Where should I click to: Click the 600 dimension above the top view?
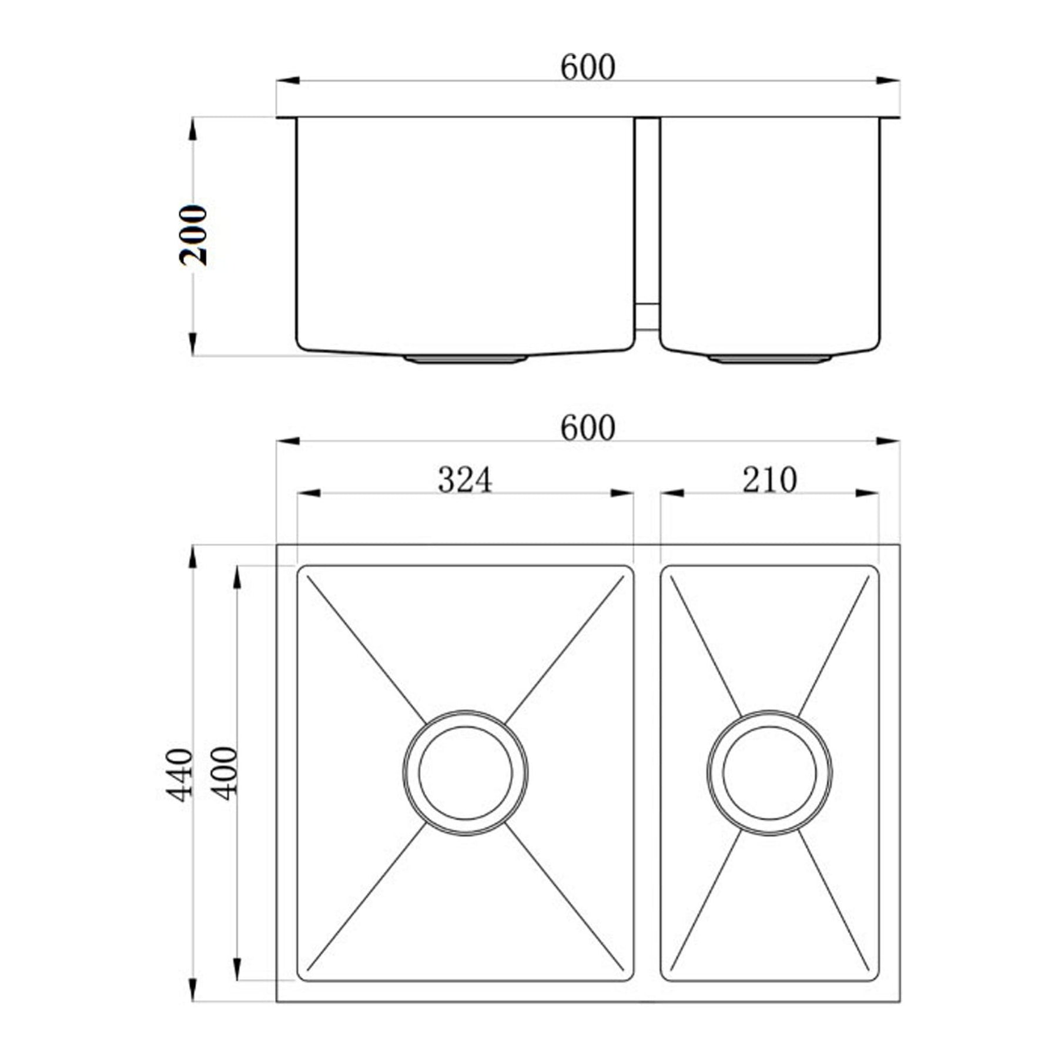click(588, 428)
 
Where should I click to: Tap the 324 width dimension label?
click(465, 480)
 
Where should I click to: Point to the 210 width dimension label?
click(769, 480)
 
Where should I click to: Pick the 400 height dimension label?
click(224, 774)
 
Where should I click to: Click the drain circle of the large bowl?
click(466, 772)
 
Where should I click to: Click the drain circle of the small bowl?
click(769, 772)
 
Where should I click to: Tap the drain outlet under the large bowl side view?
click(465, 359)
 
